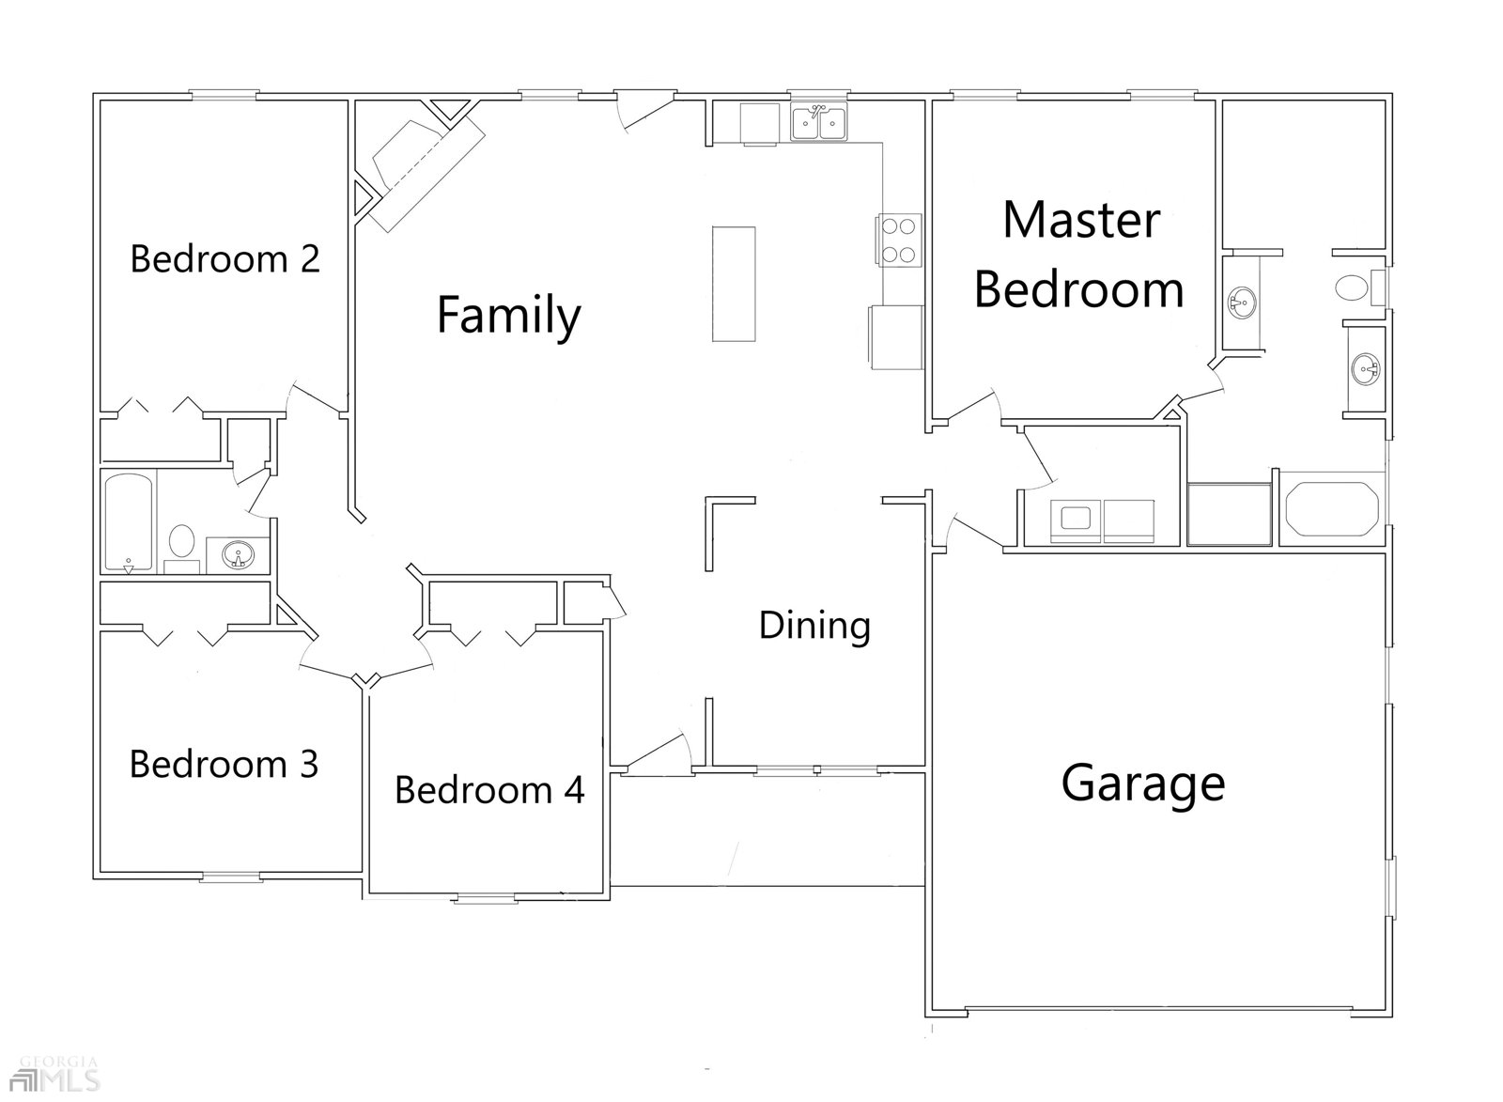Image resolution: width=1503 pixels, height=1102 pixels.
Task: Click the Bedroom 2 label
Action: pyautogui.click(x=225, y=259)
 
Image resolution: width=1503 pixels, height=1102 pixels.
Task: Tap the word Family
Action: pyautogui.click(x=508, y=315)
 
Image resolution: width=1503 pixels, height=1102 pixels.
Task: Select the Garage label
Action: pyautogui.click(x=1142, y=784)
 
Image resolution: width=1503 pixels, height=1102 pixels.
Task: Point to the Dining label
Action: pyautogui.click(x=814, y=626)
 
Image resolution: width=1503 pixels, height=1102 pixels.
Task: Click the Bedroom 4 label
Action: pyautogui.click(x=489, y=790)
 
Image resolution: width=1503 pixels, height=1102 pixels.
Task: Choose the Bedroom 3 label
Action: pyautogui.click(x=224, y=765)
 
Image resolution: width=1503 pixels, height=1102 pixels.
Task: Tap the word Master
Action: pyautogui.click(x=1081, y=220)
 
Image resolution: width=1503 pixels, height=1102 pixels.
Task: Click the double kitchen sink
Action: pyautogui.click(x=818, y=122)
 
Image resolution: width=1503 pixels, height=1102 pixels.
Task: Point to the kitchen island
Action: pyautogui.click(x=734, y=284)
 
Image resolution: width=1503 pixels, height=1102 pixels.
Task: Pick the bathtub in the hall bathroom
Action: pyautogui.click(x=129, y=520)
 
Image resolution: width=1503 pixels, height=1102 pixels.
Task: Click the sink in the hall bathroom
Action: pyautogui.click(x=239, y=555)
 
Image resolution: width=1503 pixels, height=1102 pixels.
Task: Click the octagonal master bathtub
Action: pyautogui.click(x=1332, y=508)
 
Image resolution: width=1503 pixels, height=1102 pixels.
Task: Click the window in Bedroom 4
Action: pyautogui.click(x=486, y=899)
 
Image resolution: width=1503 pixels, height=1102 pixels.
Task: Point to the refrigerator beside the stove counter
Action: pyautogui.click(x=896, y=337)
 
